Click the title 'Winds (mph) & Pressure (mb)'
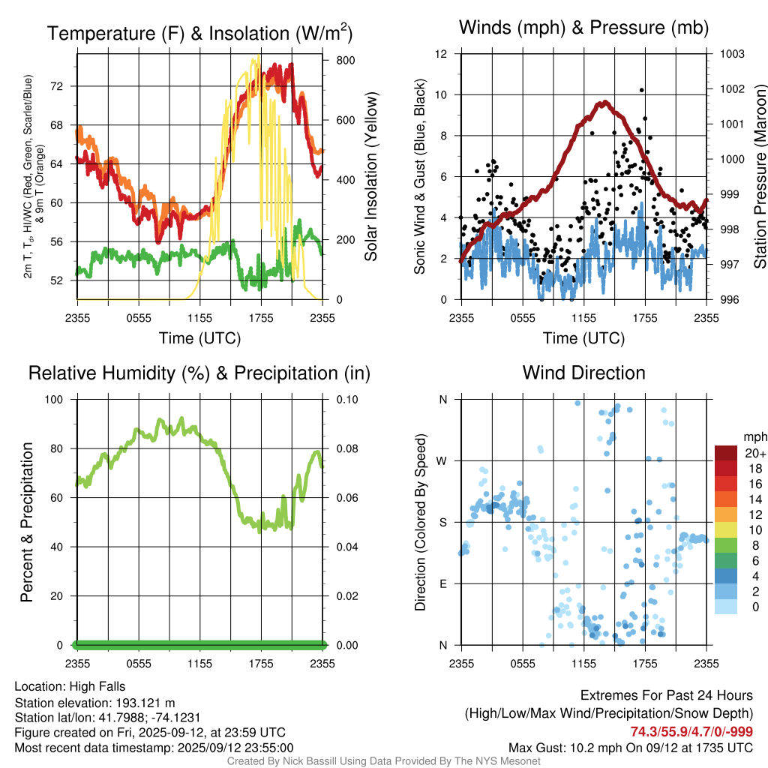(x=583, y=28)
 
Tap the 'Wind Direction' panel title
(x=583, y=373)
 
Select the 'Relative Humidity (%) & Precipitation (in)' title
(x=199, y=373)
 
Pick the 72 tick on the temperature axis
(x=64, y=86)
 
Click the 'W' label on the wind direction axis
(x=442, y=460)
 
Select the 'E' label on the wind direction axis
(x=443, y=583)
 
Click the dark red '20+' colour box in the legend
(x=726, y=453)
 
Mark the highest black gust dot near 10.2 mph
(x=642, y=90)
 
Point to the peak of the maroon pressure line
(x=602, y=103)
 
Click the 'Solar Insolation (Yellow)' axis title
(x=371, y=177)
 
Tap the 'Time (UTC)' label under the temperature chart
(x=199, y=338)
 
